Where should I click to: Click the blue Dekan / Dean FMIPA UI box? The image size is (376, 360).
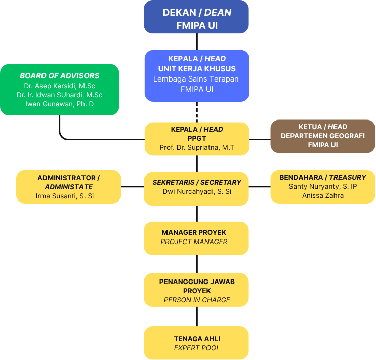point(196,17)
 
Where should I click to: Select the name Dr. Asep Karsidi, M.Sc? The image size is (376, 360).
point(60,86)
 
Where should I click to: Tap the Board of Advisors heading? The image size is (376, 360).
point(60,76)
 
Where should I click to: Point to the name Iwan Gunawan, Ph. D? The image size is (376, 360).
point(60,104)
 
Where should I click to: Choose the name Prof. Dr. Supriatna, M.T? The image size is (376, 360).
point(197,147)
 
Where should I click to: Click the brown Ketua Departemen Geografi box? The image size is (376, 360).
point(323,136)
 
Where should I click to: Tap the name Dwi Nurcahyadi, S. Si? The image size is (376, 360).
point(197,192)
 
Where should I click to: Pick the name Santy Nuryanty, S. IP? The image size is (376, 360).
point(322,187)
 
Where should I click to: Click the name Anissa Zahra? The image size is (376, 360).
point(322,195)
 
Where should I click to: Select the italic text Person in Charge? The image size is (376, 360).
point(197,300)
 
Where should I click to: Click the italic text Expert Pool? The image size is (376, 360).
point(197,348)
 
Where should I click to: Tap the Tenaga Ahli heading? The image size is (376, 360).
point(197,338)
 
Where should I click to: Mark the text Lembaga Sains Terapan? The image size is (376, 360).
point(196,78)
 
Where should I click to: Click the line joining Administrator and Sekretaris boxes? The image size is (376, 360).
point(133,187)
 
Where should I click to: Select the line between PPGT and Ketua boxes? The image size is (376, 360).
point(260,139)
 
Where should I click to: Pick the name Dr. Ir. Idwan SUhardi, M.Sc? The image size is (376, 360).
point(60,95)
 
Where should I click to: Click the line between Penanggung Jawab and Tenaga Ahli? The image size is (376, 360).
point(197,316)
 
